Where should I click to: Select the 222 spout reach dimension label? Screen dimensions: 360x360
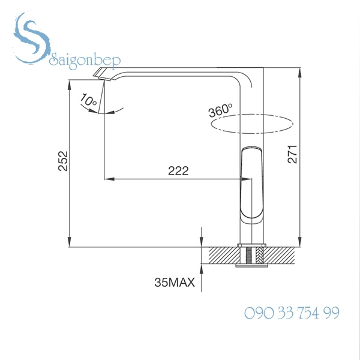(x=178, y=171)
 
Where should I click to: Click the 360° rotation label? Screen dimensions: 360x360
(x=220, y=111)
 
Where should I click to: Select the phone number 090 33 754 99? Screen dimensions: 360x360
(x=292, y=313)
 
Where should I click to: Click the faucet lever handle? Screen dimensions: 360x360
(x=252, y=183)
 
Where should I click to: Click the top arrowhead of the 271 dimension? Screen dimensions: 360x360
(x=299, y=71)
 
